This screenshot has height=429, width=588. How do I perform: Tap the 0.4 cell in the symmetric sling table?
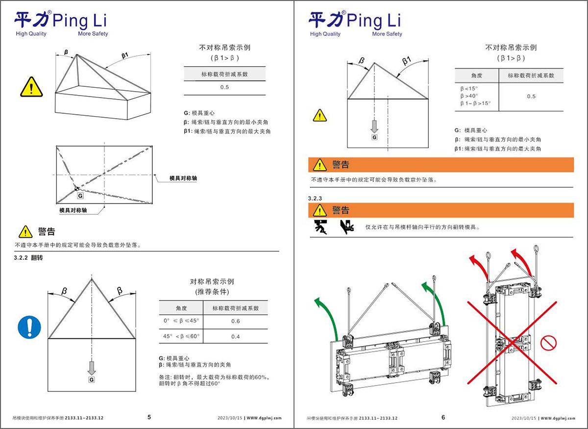pos(235,336)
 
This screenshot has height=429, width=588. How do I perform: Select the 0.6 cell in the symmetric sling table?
pos(235,321)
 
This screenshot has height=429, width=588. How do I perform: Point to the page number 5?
pos(149,417)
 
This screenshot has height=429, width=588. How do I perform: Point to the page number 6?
pos(443,417)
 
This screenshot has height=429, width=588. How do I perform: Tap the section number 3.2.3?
pos(315,198)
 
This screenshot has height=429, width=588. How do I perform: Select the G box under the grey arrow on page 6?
pos(374,137)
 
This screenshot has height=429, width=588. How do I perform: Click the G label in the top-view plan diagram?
pos(80,195)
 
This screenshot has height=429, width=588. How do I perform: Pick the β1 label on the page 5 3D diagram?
pos(125,56)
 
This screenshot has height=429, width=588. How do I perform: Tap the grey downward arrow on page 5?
pos(91,367)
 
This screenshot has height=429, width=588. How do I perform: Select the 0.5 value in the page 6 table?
pos(531,97)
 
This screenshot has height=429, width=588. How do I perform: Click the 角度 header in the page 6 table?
pos(477,76)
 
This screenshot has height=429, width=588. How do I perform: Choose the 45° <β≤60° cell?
pos(181,336)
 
